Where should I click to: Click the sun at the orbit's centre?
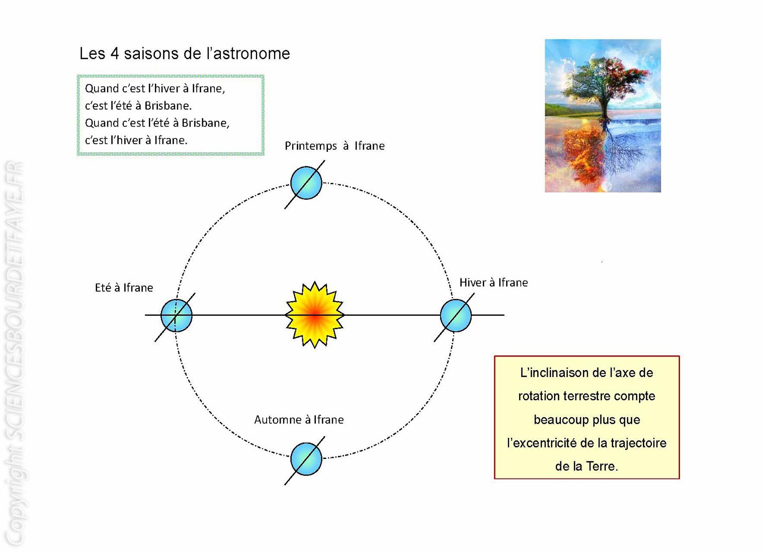coord(315,315)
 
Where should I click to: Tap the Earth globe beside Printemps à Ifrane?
coord(306,183)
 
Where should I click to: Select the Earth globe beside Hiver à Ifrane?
coord(456,316)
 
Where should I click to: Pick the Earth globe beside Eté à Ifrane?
coord(176,316)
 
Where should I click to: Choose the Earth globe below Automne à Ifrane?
coord(306,459)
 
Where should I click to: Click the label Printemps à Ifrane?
coord(335,146)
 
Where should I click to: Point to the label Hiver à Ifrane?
coord(493,283)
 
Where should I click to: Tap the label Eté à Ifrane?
coord(124,288)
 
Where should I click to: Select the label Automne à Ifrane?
coord(299,420)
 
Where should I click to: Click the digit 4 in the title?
coord(114,54)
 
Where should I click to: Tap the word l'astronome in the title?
coord(248,54)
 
